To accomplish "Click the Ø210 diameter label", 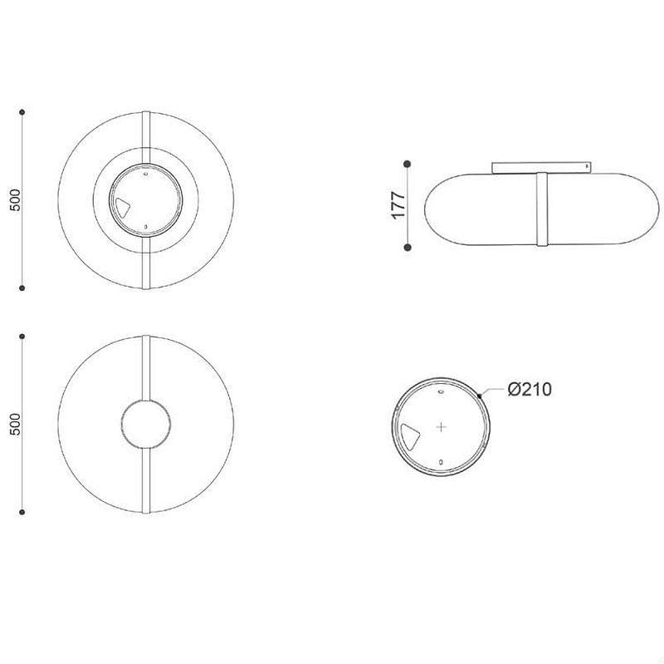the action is click(x=530, y=389).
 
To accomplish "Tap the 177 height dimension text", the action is click(x=399, y=205).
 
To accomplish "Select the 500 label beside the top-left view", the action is click(x=15, y=200).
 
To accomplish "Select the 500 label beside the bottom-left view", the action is click(x=15, y=424).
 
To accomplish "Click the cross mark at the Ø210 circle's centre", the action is click(x=442, y=426).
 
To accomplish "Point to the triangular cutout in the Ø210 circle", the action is click(x=409, y=436).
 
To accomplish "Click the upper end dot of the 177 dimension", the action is click(x=408, y=164).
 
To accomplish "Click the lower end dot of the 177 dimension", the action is click(x=408, y=247).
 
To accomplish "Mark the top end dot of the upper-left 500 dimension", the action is click(x=22, y=112).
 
